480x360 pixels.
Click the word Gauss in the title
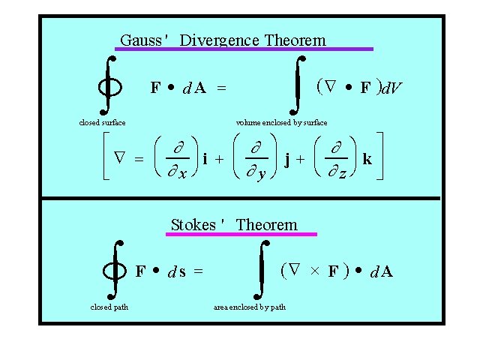(141, 40)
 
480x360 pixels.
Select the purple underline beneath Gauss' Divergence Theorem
(243, 49)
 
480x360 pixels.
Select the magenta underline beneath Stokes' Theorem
(241, 234)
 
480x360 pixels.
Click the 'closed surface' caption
(102, 122)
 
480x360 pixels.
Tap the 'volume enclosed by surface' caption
(281, 122)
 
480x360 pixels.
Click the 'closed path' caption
(109, 307)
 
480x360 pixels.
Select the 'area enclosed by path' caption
(249, 307)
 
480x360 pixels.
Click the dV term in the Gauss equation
(391, 89)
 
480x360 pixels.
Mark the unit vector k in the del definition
(367, 159)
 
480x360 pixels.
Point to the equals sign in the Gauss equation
(221, 88)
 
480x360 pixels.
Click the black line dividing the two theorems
(240, 199)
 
